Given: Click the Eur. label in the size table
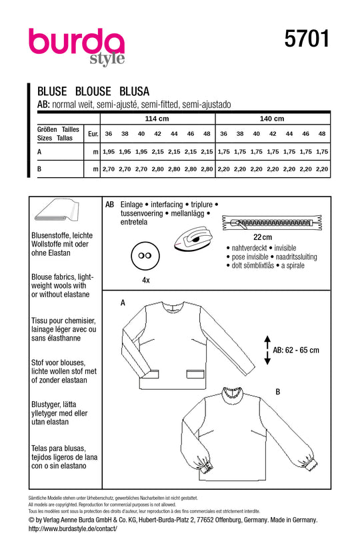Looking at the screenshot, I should tap(93, 134).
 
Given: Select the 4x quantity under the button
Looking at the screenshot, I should tap(145, 280).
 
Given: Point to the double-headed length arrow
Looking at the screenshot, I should tap(267, 350).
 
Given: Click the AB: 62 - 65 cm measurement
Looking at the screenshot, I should tap(296, 350).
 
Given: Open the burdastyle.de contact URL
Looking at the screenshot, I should tap(73, 528).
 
